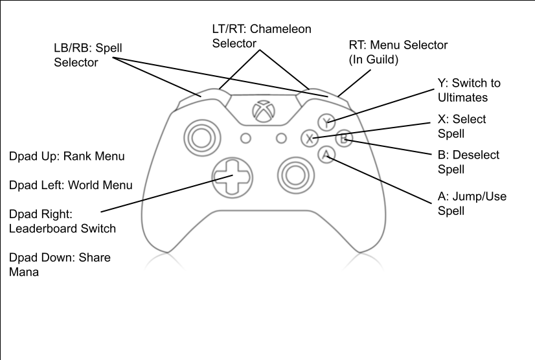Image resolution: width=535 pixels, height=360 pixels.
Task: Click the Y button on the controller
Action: (327, 120)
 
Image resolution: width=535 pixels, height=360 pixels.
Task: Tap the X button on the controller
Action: (310, 137)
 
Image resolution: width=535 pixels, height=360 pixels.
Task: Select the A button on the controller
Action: (326, 154)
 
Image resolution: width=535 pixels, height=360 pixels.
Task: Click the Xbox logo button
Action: (262, 111)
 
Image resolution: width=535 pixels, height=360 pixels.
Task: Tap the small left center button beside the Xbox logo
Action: (245, 138)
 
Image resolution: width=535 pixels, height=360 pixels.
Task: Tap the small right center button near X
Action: (281, 138)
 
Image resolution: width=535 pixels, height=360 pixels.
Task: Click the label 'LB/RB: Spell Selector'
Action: (87, 56)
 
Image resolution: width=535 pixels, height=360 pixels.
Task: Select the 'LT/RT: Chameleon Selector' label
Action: (262, 36)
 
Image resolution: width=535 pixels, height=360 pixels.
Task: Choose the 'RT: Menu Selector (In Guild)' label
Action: (398, 52)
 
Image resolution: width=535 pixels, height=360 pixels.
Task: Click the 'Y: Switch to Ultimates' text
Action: (469, 90)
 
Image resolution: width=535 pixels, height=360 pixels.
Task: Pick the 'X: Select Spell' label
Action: (461, 126)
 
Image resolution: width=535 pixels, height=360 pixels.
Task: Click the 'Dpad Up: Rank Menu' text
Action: (67, 157)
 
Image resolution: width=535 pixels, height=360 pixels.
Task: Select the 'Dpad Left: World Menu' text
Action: (71, 185)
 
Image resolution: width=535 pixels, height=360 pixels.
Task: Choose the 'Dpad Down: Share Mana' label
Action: (60, 265)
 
